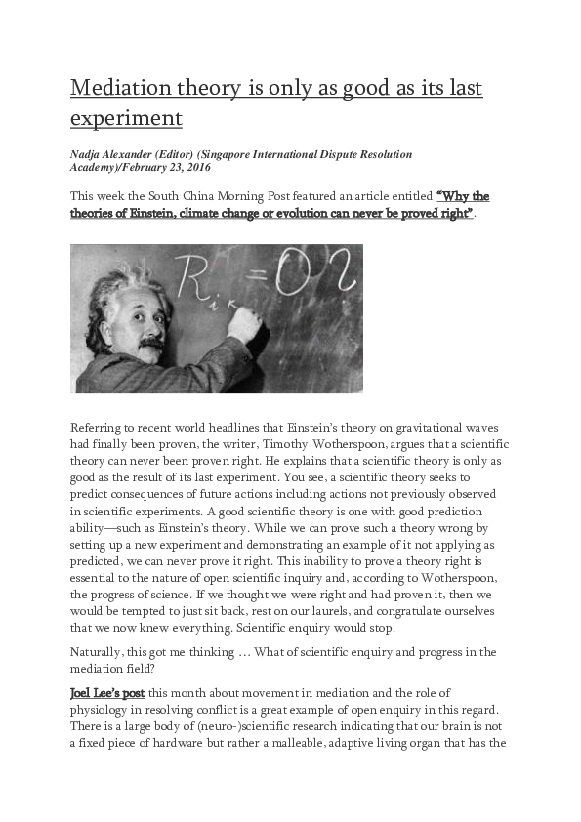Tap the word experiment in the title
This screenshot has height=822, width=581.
point(126,119)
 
